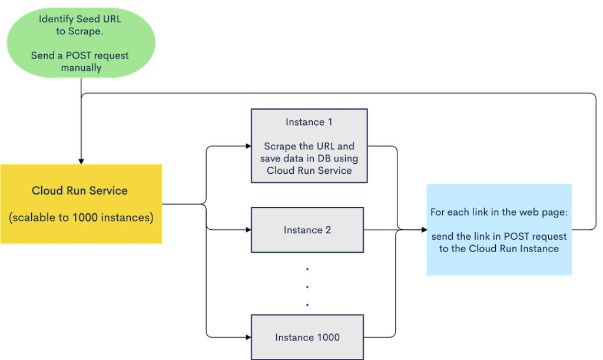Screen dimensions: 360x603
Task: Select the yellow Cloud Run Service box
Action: [x=81, y=204]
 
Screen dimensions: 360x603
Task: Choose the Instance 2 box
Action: [x=307, y=230]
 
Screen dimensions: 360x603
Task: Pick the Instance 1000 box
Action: [x=307, y=337]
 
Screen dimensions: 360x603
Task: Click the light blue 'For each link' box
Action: [x=499, y=230]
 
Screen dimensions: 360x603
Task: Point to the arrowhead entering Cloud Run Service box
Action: [x=81, y=161]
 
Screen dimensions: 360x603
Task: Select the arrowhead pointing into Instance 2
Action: [x=247, y=230]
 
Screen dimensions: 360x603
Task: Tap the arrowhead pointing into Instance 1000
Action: [x=247, y=337]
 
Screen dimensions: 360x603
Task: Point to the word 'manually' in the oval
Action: [x=81, y=68]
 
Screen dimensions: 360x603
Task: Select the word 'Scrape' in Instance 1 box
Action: [x=278, y=146]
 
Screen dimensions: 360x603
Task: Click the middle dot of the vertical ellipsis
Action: [x=307, y=287]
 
